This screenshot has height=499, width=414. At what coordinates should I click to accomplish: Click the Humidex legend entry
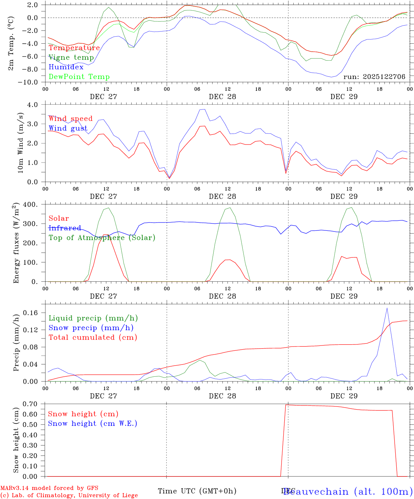click(x=66, y=67)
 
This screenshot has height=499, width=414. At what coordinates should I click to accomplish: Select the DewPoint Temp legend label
click(x=79, y=77)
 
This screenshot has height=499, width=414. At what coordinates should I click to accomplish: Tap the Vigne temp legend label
click(x=71, y=58)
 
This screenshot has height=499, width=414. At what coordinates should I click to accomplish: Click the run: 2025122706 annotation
click(x=374, y=77)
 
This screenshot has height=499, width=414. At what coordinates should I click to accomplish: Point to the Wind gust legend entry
click(x=68, y=128)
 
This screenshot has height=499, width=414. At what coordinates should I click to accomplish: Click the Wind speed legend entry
click(x=70, y=119)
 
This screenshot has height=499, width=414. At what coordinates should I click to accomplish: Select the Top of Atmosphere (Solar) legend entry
click(x=102, y=238)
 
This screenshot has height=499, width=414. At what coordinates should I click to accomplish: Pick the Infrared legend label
click(x=65, y=228)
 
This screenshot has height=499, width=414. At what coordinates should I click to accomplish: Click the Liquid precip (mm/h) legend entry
click(x=93, y=318)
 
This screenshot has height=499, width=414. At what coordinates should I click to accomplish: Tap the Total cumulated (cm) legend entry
click(x=93, y=338)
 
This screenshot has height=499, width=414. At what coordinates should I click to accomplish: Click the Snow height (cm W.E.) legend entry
click(x=93, y=423)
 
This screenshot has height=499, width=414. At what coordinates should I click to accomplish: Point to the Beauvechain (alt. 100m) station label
click(x=348, y=491)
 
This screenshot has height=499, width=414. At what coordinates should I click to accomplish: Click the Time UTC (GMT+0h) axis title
click(x=197, y=491)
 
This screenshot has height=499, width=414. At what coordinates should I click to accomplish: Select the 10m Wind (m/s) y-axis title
click(x=20, y=143)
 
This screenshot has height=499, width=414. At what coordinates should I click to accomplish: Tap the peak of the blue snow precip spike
click(x=387, y=308)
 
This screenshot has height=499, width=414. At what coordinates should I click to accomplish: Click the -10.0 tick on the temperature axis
click(x=31, y=82)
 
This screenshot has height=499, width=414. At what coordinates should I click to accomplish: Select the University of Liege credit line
click(x=69, y=496)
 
